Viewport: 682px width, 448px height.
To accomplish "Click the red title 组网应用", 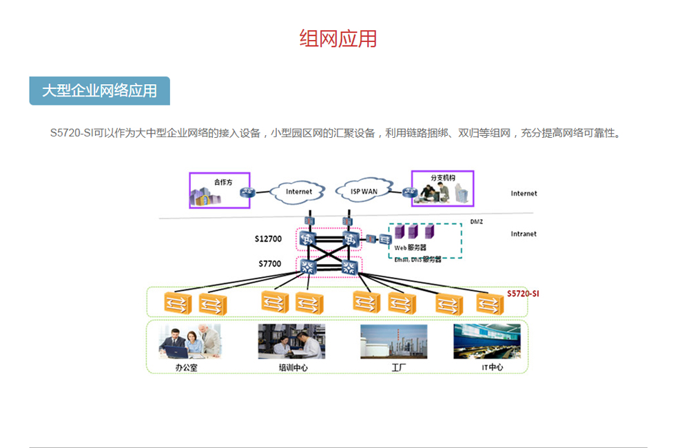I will pyautogui.click(x=338, y=39).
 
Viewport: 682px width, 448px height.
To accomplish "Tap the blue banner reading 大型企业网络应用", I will pyautogui.click(x=99, y=91).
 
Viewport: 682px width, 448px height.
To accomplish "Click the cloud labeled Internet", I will pyautogui.click(x=298, y=192).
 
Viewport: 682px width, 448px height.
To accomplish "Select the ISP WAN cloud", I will pyautogui.click(x=364, y=192).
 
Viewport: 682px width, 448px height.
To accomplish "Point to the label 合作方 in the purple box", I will pyautogui.click(x=223, y=182).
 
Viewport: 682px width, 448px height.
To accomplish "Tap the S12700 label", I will pyautogui.click(x=268, y=239).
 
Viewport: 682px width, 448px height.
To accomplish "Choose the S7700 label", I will pyautogui.click(x=269, y=263).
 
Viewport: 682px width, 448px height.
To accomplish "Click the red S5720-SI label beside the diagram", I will pyautogui.click(x=522, y=293).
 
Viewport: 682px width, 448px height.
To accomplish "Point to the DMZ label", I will pyautogui.click(x=476, y=222).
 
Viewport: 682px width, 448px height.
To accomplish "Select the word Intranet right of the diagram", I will pyautogui.click(x=524, y=234).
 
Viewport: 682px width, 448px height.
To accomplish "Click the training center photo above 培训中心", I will pyautogui.click(x=291, y=341).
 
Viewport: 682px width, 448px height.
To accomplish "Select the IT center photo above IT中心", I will pyautogui.click(x=486, y=341).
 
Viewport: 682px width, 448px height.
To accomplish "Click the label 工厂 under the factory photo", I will pyautogui.click(x=399, y=367).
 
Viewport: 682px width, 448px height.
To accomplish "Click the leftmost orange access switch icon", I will pyautogui.click(x=176, y=302).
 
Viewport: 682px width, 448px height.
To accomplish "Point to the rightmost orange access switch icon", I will pyautogui.click(x=490, y=303).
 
